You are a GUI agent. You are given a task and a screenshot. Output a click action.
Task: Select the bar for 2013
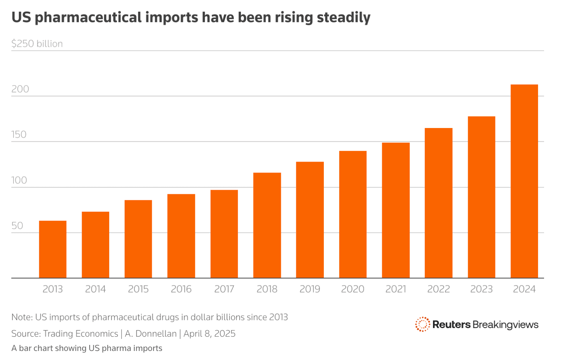pyautogui.click(x=53, y=249)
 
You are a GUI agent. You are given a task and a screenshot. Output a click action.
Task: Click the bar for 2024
pyautogui.click(x=524, y=181)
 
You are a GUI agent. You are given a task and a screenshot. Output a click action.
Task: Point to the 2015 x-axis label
pyautogui.click(x=138, y=289)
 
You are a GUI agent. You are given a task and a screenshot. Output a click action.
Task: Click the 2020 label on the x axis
pyautogui.click(x=353, y=289)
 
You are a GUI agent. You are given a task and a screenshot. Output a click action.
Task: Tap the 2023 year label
pyautogui.click(x=481, y=289)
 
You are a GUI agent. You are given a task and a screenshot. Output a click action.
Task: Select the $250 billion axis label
pyautogui.click(x=37, y=44)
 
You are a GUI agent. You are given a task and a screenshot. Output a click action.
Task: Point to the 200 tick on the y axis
pyautogui.click(x=20, y=89)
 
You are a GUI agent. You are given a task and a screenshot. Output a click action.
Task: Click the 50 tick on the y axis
pyautogui.click(x=17, y=226)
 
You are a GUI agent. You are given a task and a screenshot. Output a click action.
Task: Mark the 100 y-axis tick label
pyautogui.click(x=19, y=180)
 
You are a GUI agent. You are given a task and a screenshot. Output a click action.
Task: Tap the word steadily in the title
pyautogui.click(x=343, y=18)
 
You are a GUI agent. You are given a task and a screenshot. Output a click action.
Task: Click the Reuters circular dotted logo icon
pyautogui.click(x=422, y=324)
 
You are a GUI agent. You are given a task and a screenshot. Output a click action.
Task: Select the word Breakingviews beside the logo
pyautogui.click(x=505, y=325)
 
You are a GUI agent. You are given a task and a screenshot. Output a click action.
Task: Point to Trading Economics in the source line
pyautogui.click(x=81, y=334)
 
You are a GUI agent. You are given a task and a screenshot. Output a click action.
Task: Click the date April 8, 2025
pyautogui.click(x=209, y=334)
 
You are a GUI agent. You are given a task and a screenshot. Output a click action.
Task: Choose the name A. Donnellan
pyautogui.click(x=151, y=334)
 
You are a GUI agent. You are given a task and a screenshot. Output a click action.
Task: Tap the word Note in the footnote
pyautogui.click(x=21, y=317)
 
